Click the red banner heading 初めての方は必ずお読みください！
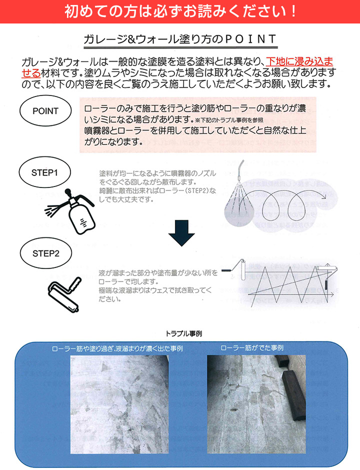point(180,11)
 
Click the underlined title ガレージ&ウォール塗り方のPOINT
point(179,39)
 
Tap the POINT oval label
point(45,111)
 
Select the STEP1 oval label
point(45,173)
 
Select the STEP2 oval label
point(45,253)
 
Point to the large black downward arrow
point(181,233)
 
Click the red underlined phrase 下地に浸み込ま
point(298,62)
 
